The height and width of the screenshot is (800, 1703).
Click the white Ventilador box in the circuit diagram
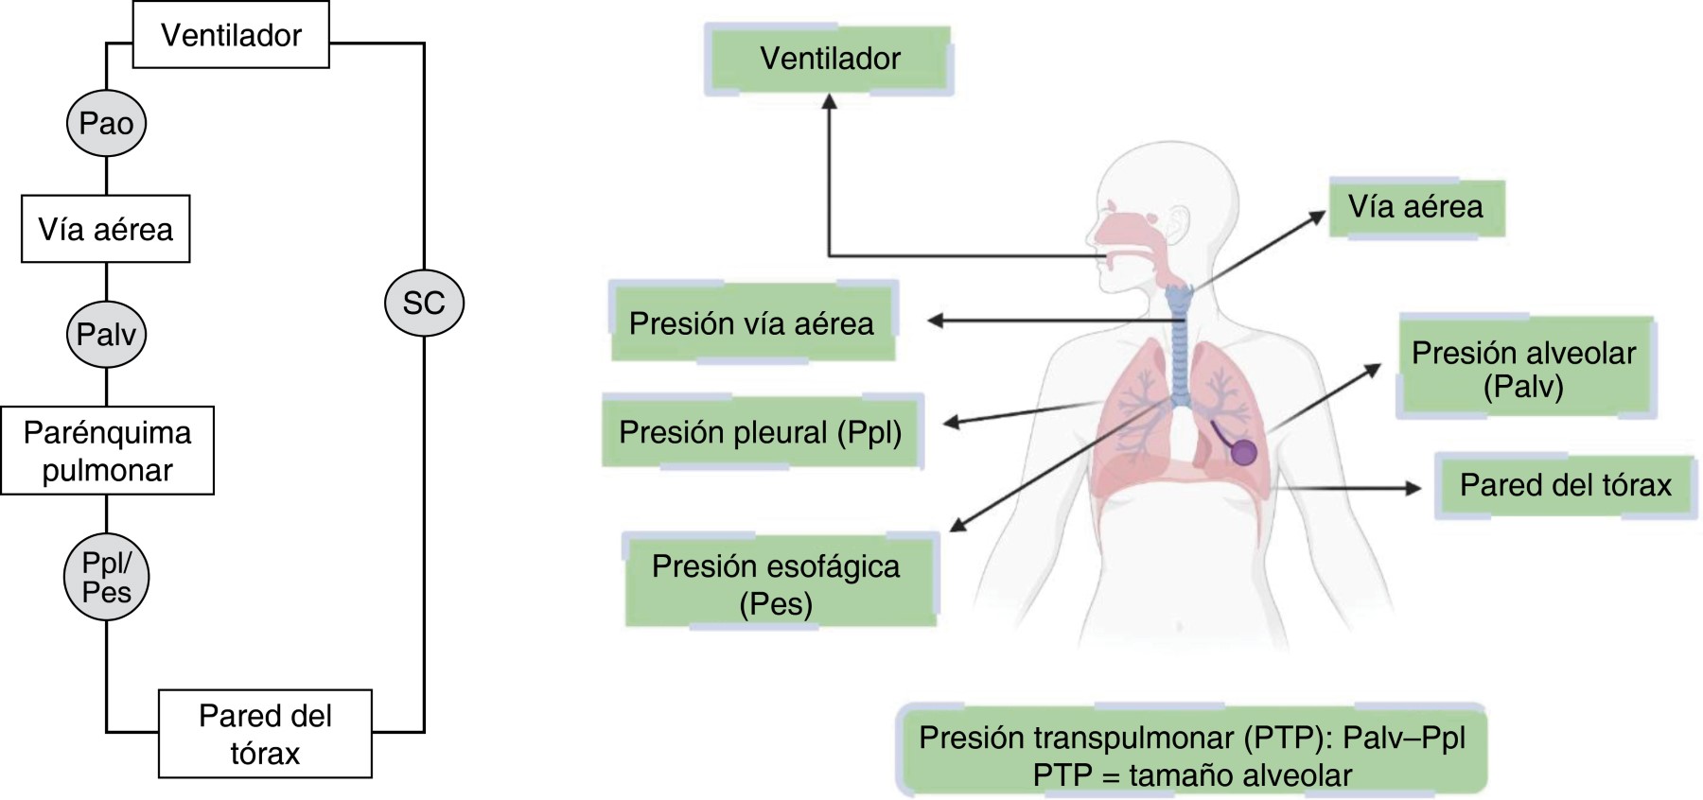tap(231, 35)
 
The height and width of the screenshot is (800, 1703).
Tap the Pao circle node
tap(106, 124)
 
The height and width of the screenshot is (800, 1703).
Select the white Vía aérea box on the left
tap(105, 229)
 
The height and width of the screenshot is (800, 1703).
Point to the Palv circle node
tap(106, 334)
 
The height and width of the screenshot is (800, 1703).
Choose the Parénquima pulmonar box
tap(107, 450)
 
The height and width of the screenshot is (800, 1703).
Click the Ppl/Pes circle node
tap(106, 577)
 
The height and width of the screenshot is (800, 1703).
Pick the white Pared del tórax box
tap(265, 734)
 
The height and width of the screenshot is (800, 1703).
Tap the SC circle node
tap(424, 303)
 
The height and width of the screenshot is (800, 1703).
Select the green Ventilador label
tap(830, 60)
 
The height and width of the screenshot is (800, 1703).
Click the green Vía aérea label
tap(1415, 207)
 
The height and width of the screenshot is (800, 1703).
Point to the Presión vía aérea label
tap(751, 323)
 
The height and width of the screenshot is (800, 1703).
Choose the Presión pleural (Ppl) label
tap(761, 432)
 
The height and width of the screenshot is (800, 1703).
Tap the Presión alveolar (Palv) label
tap(1524, 368)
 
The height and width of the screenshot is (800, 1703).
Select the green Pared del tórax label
tap(1565, 485)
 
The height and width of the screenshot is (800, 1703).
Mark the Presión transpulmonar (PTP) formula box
tap(1192, 755)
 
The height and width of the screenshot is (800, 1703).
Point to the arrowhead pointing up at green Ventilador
tap(830, 100)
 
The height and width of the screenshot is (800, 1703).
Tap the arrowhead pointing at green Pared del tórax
tap(1414, 488)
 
